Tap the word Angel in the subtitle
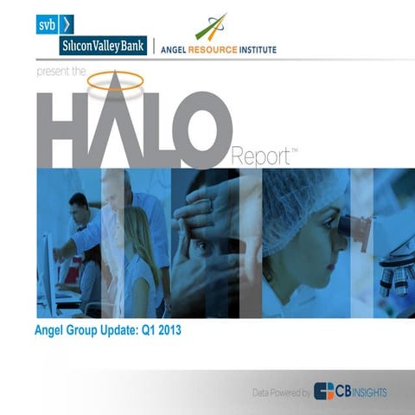(x=51, y=330)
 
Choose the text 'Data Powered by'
(x=281, y=393)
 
